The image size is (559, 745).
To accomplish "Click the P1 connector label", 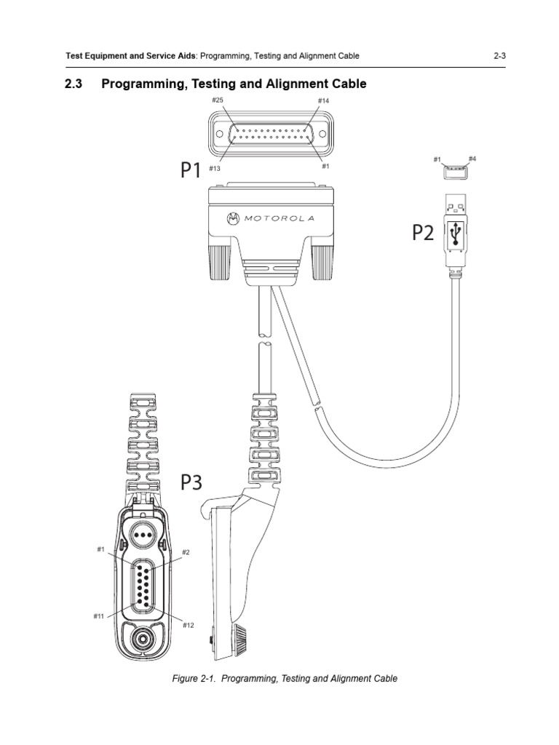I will coord(191,170).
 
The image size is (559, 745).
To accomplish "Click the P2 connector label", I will coord(423,232).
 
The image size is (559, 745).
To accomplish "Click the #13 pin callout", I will coord(215,168).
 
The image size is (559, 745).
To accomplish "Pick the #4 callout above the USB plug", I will coord(472,158).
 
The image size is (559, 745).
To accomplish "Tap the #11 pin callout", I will coord(99,616).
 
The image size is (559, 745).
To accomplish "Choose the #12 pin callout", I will coord(188,625).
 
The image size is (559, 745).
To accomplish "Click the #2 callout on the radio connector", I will coord(186,552).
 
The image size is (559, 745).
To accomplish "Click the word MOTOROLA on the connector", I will coord(278,218).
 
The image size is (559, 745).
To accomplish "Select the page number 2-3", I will coord(499,56).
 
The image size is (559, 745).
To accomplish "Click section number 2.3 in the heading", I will coord(74,84).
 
